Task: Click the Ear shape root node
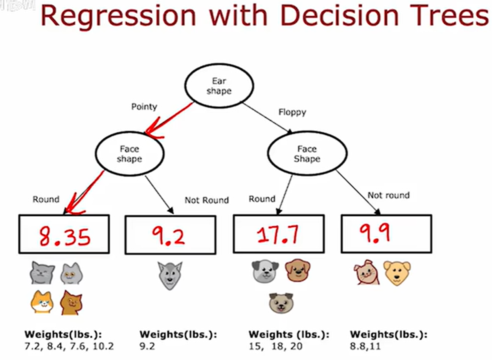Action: [219, 86]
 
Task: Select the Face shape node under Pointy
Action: [129, 154]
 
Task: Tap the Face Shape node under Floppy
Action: [307, 154]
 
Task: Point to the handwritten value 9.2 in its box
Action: [169, 235]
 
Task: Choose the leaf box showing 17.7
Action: [278, 234]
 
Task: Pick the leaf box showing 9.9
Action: [386, 234]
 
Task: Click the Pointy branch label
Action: [144, 107]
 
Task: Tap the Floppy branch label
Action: [292, 113]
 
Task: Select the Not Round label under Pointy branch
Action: [206, 201]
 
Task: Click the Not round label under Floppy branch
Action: [388, 195]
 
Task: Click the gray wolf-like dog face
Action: [170, 275]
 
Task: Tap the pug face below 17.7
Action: [281, 303]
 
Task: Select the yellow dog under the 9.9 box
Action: [397, 273]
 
